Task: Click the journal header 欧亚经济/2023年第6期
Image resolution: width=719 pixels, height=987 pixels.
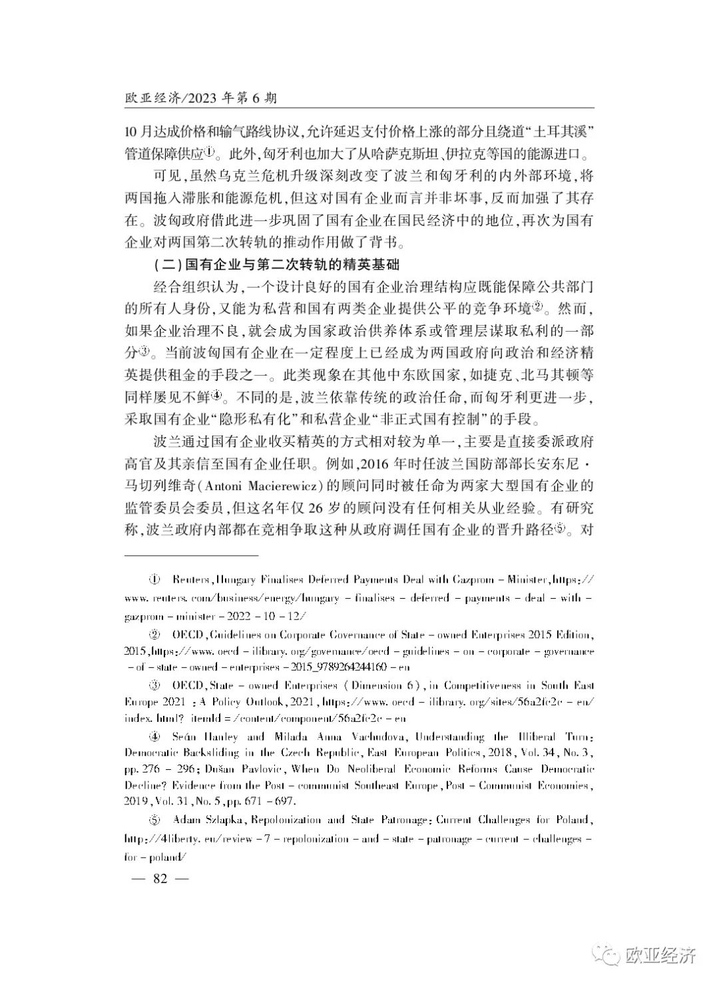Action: tap(200, 98)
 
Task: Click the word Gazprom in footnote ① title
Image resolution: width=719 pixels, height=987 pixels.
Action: tap(475, 579)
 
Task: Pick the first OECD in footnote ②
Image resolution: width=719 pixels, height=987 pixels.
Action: tap(188, 635)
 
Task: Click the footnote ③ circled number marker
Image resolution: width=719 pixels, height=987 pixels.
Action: tap(156, 685)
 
